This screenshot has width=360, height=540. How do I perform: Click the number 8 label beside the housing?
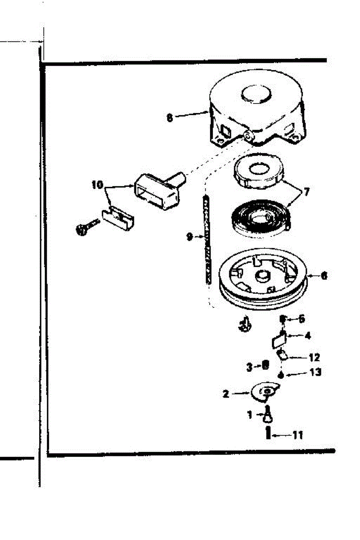169,118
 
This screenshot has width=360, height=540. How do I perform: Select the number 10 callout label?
97,185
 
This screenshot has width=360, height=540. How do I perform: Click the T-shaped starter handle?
157,191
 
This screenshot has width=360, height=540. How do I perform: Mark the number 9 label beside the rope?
190,236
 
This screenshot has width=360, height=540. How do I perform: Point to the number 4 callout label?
307,335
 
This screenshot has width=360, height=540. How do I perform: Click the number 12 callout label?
314,358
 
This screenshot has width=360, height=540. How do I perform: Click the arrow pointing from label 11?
281,435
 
